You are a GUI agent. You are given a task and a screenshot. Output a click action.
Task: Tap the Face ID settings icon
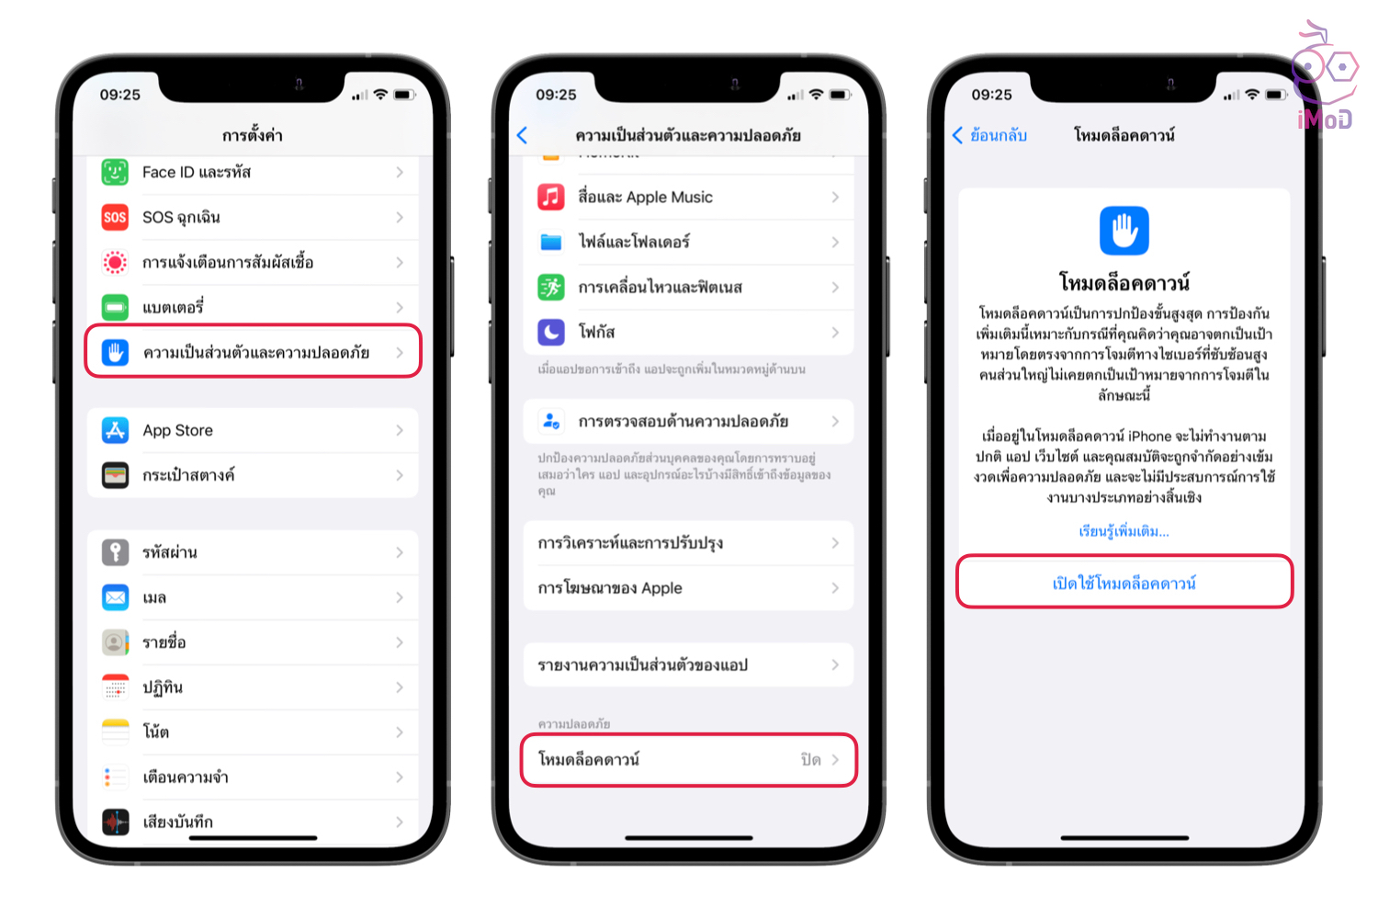pos(115,172)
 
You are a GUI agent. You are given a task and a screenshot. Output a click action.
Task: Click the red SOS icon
pos(115,217)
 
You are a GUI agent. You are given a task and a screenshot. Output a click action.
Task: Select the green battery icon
pos(115,307)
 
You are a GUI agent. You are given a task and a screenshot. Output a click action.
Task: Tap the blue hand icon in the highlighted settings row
pos(115,353)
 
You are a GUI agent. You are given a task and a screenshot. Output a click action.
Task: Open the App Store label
pos(178,430)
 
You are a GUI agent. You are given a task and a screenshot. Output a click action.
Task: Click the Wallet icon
pos(115,475)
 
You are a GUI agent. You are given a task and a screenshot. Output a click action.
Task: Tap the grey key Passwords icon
pos(115,552)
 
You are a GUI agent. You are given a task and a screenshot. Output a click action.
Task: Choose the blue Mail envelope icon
pos(115,597)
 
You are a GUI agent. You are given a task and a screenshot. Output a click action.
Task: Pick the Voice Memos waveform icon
pos(115,822)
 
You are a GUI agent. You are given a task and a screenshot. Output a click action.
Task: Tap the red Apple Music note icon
pos(550,197)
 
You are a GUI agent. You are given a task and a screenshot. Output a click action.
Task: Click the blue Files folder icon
pos(550,242)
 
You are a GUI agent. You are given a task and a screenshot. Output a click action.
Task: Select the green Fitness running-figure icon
pos(550,287)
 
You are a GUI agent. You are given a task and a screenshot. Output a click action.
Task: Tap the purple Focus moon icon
pos(550,332)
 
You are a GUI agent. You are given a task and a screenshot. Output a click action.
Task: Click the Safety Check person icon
pos(550,422)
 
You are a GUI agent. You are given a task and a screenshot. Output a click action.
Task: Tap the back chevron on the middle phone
pos(523,135)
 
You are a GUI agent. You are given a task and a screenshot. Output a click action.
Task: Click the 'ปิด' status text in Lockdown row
pos(810,760)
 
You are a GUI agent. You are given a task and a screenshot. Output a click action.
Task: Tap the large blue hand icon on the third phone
pos(1124,231)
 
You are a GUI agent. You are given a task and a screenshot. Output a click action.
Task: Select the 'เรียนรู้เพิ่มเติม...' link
pos(1124,531)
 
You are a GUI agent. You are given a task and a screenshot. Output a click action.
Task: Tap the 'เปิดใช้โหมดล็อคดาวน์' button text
pos(1124,583)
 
